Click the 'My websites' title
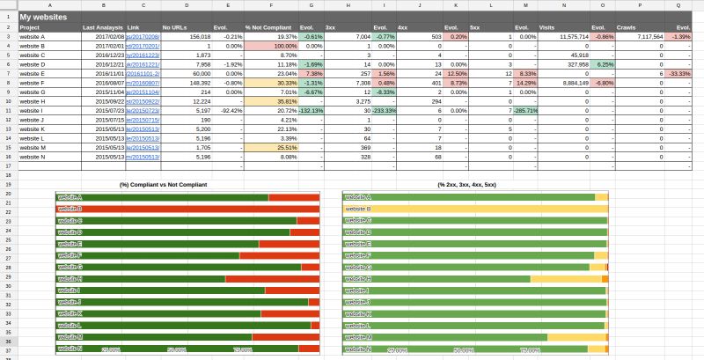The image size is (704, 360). coord(43,17)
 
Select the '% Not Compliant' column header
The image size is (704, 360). coord(263,27)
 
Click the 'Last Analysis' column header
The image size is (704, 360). coord(102,27)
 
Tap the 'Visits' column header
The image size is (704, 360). coord(546,27)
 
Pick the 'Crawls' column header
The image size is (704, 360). coord(625,27)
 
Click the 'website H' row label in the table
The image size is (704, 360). coord(33,101)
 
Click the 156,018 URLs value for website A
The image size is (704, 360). coord(199,37)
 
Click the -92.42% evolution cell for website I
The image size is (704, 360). coord(232,110)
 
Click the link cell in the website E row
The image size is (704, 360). coord(143,74)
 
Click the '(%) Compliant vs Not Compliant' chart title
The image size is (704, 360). coord(163,185)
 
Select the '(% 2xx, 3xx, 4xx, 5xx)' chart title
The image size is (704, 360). coord(466,185)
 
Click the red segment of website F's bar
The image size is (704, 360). coord(279,255)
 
